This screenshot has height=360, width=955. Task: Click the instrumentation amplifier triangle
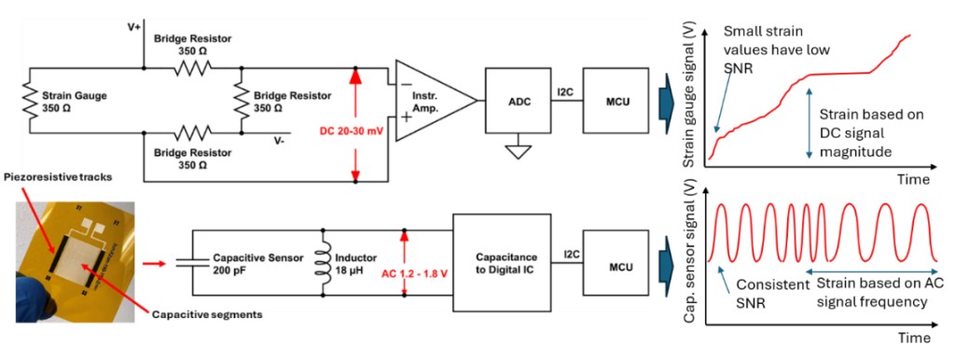[x=434, y=101]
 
